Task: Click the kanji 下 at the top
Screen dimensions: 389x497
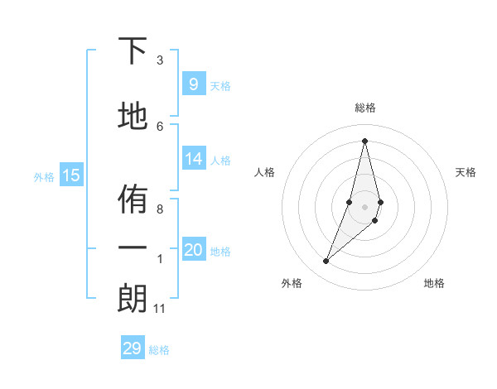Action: pyautogui.click(x=133, y=51)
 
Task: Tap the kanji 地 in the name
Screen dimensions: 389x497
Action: pyautogui.click(x=133, y=117)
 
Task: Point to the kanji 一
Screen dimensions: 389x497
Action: pyautogui.click(x=133, y=248)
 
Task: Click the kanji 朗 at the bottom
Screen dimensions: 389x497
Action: pyautogui.click(x=133, y=299)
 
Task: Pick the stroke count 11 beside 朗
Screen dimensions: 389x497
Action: pyautogui.click(x=159, y=309)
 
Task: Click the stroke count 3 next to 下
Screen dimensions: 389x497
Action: pyautogui.click(x=160, y=60)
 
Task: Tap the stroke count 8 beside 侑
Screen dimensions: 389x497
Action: pyautogui.click(x=160, y=209)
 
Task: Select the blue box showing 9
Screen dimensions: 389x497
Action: pyautogui.click(x=193, y=84)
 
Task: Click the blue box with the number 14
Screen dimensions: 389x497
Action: pyautogui.click(x=193, y=159)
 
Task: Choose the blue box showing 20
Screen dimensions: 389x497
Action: pyautogui.click(x=193, y=250)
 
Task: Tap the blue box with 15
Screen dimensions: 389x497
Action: pyautogui.click(x=71, y=175)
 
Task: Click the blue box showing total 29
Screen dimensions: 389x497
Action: pyautogui.click(x=133, y=348)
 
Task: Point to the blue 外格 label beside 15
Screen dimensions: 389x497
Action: pyautogui.click(x=44, y=176)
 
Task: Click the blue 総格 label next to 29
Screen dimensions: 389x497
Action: pyautogui.click(x=159, y=350)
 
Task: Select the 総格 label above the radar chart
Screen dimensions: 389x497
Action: pyautogui.click(x=364, y=108)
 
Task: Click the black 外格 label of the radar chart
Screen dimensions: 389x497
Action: pyautogui.click(x=292, y=283)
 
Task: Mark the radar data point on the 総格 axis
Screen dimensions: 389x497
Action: pyautogui.click(x=364, y=141)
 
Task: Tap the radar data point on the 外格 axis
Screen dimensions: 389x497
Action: pyautogui.click(x=326, y=262)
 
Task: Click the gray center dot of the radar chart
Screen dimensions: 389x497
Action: pyautogui.click(x=364, y=207)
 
